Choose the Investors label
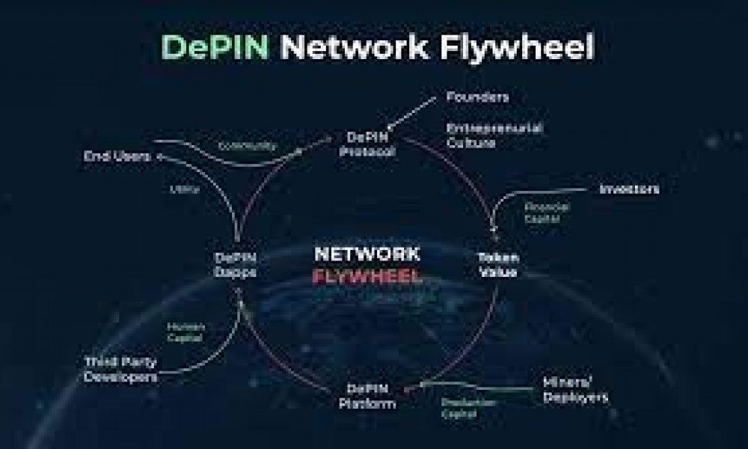[629, 189]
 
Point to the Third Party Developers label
[121, 368]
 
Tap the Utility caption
[187, 190]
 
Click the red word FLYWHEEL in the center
[367, 276]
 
